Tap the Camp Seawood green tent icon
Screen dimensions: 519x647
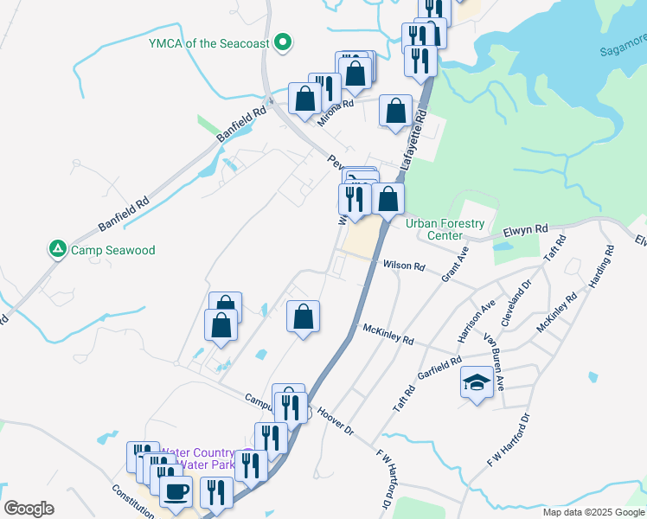pyautogui.click(x=58, y=250)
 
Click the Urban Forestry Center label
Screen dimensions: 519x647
pyautogui.click(x=445, y=229)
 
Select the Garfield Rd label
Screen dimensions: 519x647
pyautogui.click(x=439, y=369)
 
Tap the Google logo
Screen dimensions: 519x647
pyautogui.click(x=29, y=509)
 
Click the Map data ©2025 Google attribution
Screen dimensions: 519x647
pyautogui.click(x=593, y=512)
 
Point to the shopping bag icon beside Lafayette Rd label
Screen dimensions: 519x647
pyautogui.click(x=395, y=112)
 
